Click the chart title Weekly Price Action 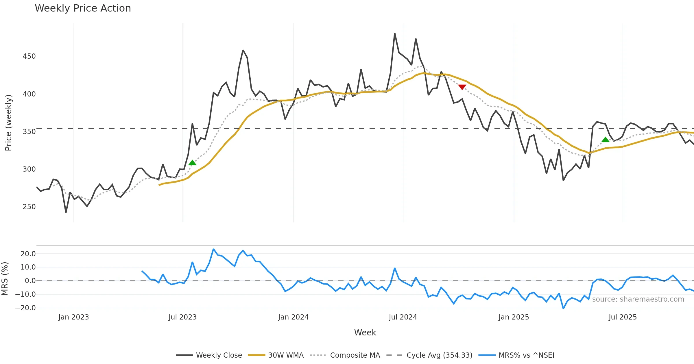(83, 8)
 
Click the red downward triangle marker (462, 87)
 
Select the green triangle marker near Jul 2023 (192, 163)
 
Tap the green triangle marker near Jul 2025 (605, 140)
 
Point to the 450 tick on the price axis (29, 56)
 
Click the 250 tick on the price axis (29, 207)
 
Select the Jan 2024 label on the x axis (293, 317)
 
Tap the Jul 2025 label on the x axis (623, 317)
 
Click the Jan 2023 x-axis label (73, 317)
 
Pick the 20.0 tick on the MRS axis (28, 254)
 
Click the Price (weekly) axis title (8, 123)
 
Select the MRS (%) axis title (5, 279)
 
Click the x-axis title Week (365, 333)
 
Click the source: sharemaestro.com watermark (638, 299)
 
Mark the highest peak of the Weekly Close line (395, 34)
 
